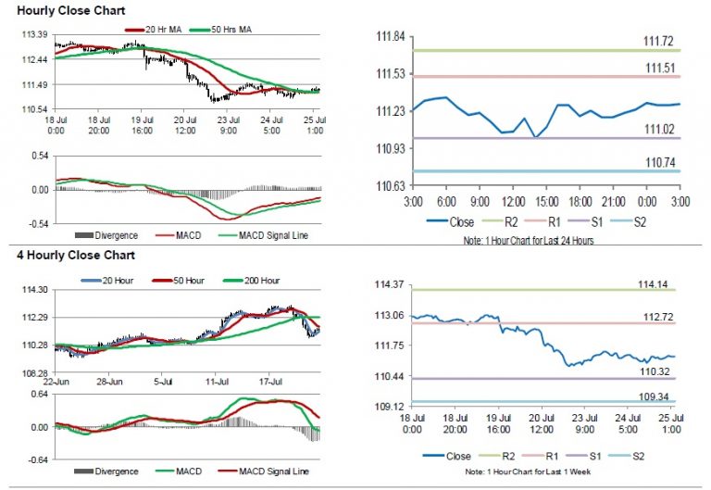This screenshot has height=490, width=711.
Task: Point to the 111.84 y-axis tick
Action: [x=393, y=36]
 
